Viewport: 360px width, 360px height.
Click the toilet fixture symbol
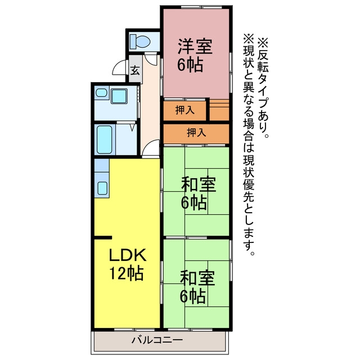(x=139, y=42)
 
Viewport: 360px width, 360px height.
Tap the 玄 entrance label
(x=135, y=70)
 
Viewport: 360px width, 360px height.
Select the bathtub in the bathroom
(x=104, y=139)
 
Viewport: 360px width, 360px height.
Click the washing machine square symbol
(x=119, y=96)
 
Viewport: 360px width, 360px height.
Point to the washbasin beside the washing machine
(x=101, y=93)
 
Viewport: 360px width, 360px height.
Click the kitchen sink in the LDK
(x=102, y=188)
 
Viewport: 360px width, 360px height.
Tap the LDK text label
(x=128, y=255)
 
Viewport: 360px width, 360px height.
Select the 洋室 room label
(x=195, y=47)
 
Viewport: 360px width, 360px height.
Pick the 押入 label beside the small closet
(x=185, y=110)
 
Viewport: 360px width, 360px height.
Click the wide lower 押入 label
(x=196, y=133)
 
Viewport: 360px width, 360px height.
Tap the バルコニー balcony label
(x=157, y=340)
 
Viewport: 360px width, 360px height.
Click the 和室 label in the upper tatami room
(x=199, y=184)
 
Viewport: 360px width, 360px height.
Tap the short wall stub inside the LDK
(x=103, y=237)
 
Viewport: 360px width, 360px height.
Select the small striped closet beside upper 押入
(x=219, y=110)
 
